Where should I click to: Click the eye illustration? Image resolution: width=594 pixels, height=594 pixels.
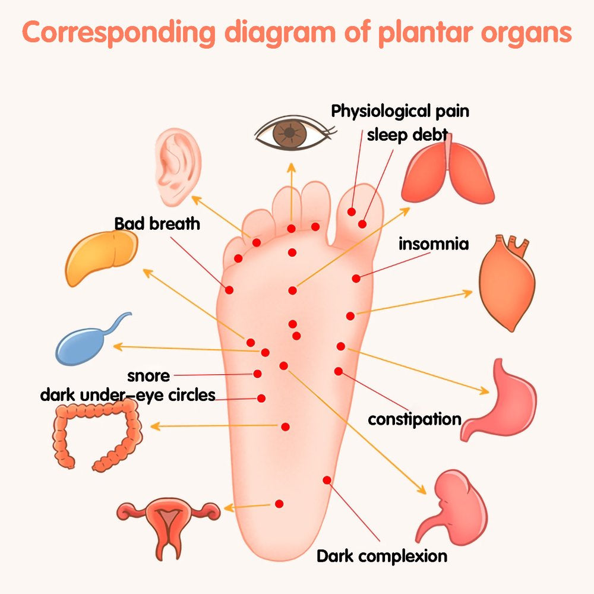pyautogui.click(x=292, y=134)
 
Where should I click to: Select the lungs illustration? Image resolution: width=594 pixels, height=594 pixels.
pyautogui.click(x=448, y=172)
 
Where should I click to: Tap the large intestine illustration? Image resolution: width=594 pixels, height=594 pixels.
pyautogui.click(x=98, y=434)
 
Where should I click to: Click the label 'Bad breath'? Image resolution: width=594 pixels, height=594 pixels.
pyautogui.click(x=157, y=224)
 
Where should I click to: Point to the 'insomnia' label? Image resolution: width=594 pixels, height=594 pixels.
pyautogui.click(x=434, y=244)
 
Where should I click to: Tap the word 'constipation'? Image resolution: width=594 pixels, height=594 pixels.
pyautogui.click(x=415, y=419)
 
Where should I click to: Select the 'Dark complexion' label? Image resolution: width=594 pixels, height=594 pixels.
pyautogui.click(x=381, y=557)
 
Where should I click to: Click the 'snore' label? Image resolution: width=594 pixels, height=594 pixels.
pyautogui.click(x=148, y=376)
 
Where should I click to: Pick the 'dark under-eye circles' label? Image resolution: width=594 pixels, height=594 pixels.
pyautogui.click(x=127, y=395)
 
